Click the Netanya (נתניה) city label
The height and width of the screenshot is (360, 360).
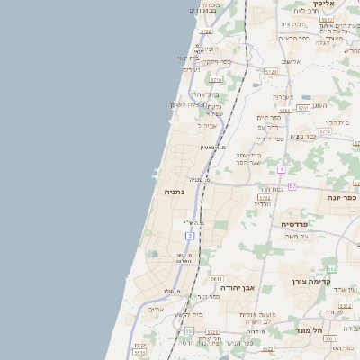(175, 193)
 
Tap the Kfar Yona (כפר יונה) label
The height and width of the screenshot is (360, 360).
(342, 199)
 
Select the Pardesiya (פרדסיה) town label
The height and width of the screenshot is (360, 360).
(295, 223)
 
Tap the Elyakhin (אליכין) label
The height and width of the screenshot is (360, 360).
(323, 4)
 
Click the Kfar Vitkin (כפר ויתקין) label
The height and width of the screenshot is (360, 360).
(217, 61)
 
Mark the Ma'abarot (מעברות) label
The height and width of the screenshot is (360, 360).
(284, 96)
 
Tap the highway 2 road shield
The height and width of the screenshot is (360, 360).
(188, 235)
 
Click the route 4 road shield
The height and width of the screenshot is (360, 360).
(282, 168)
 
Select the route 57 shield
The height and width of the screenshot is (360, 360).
(292, 185)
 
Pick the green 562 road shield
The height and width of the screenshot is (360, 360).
(332, 269)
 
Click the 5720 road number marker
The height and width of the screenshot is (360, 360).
(270, 69)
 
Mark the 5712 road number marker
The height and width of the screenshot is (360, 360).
(325, 130)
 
